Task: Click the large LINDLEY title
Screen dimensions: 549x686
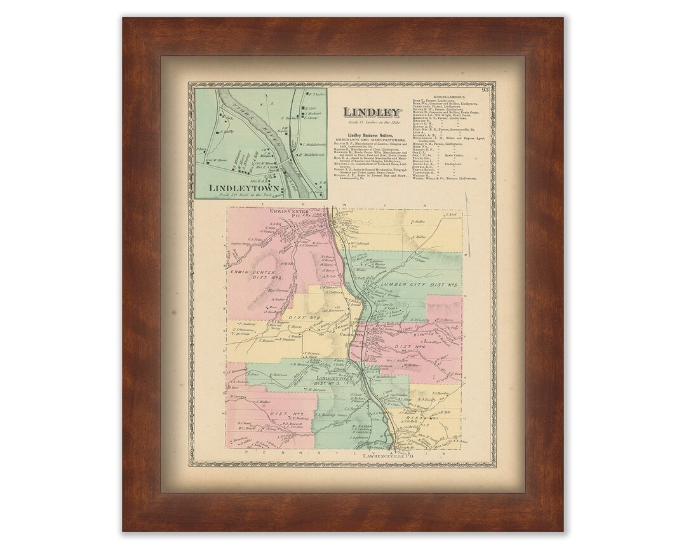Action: click(x=373, y=113)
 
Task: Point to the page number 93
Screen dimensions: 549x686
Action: click(x=485, y=90)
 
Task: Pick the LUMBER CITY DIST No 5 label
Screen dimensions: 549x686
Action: click(x=424, y=284)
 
